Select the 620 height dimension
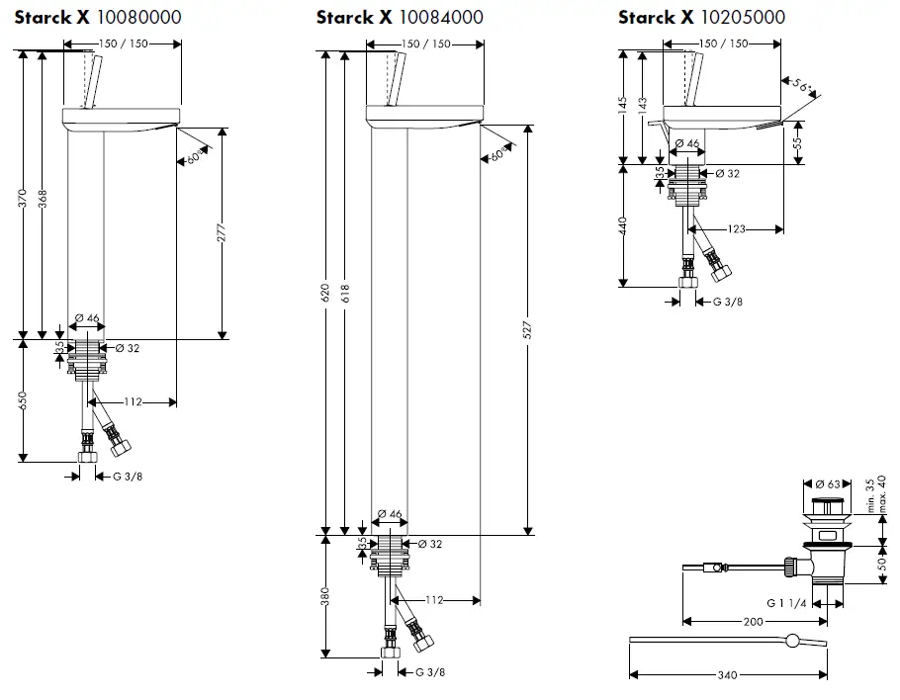[324, 294]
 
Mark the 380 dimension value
[325, 596]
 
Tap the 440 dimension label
[622, 225]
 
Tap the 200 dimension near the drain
[753, 622]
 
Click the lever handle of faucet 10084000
[396, 77]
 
